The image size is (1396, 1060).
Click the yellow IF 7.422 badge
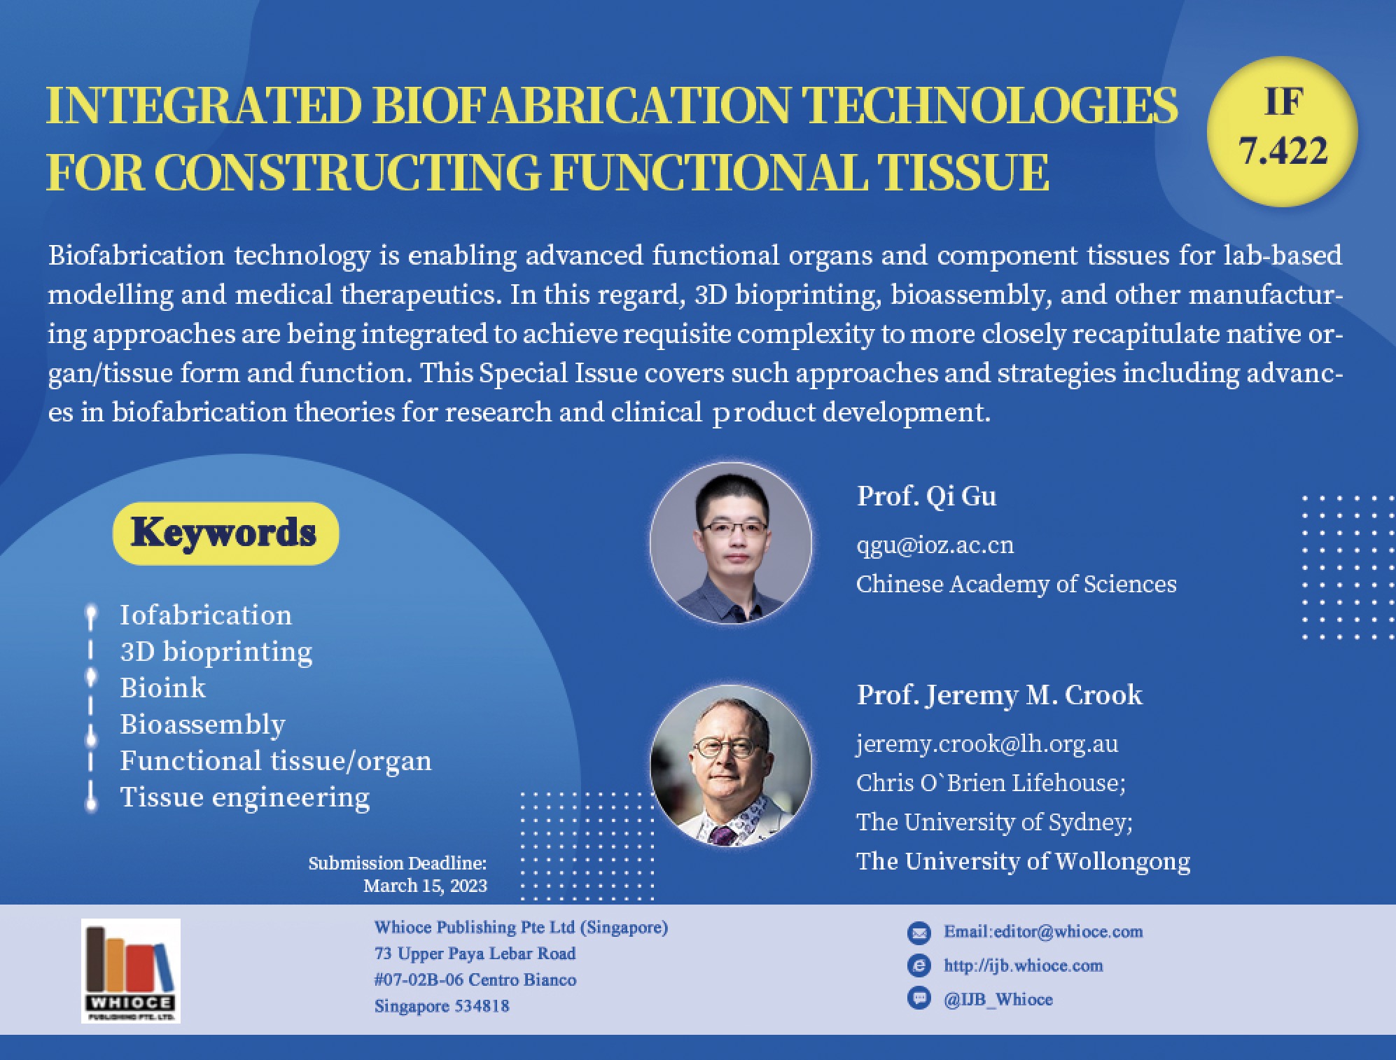1283,132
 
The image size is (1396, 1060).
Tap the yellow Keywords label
225,533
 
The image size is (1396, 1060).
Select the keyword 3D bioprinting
216,653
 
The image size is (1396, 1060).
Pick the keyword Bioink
163,688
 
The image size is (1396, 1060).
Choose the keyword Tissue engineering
245,797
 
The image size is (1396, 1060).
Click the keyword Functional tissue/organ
276,761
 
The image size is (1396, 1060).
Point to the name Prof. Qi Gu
926,496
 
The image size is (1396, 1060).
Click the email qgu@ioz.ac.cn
935,545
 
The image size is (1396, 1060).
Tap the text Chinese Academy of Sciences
1017,584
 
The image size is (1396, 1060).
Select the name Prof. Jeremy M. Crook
1000,695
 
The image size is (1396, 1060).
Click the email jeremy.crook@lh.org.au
987,744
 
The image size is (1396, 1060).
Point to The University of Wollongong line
1023,861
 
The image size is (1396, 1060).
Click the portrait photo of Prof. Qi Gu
731,543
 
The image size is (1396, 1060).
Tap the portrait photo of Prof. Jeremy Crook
731,765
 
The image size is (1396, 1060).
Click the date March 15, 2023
425,886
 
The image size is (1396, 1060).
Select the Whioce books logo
131,971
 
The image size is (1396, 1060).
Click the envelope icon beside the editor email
919,933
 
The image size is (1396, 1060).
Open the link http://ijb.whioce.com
1023,965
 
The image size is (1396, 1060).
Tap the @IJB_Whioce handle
998,999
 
